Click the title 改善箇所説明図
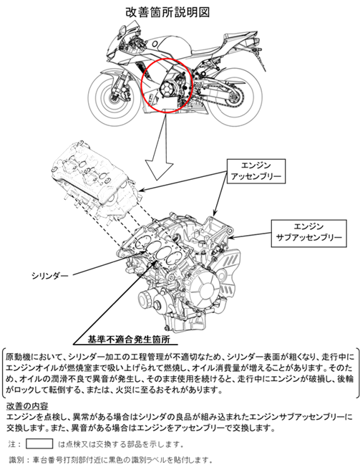[167, 13]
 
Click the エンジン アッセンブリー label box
[256, 171]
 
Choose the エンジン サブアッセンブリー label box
[308, 234]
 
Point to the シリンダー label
[50, 275]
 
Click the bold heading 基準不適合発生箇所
[129, 340]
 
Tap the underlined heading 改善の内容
[27, 406]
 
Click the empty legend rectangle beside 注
[39, 443]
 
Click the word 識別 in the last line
[16, 460]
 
